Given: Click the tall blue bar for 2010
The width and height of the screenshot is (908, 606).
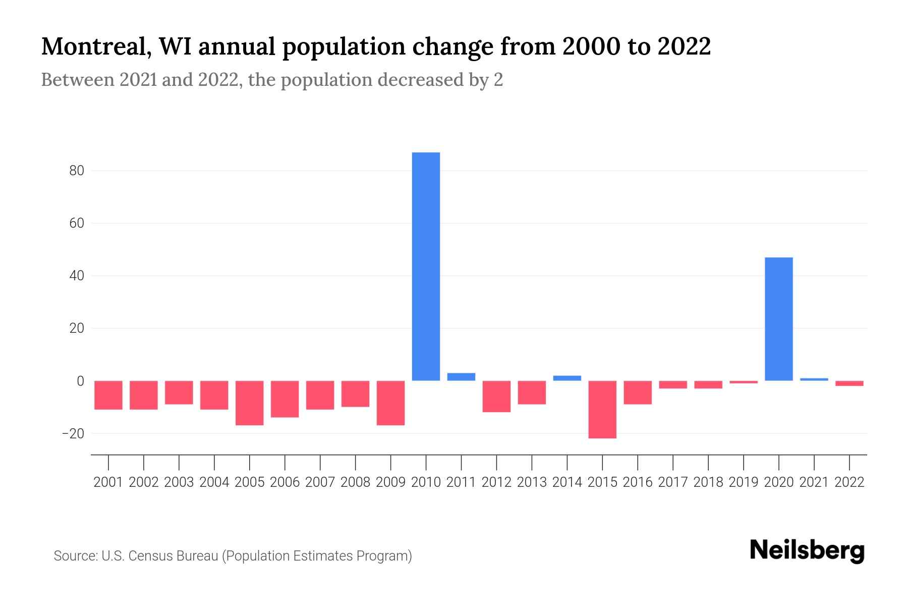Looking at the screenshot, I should pos(426,266).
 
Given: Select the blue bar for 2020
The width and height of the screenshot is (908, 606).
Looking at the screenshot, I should pos(779,319).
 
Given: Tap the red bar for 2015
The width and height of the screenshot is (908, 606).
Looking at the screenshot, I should pos(602,410).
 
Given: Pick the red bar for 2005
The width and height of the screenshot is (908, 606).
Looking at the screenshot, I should pos(250,403).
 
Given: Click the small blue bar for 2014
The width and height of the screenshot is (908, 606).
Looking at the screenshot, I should pos(567,378).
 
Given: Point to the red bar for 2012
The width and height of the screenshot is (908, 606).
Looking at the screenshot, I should pos(496,396).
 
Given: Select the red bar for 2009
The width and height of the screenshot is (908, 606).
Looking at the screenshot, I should pos(390,403).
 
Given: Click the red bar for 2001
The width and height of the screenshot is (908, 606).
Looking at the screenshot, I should pos(108,395).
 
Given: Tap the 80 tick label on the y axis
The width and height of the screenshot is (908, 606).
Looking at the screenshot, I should pos(77,171).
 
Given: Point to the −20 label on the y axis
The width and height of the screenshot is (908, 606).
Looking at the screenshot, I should pos(73,433).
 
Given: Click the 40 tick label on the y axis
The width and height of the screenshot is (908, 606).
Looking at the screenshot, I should pos(77,276).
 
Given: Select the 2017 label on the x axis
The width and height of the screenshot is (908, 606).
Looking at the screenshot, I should pos(673,482).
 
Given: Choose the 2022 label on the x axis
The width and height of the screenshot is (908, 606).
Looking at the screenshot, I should pos(849,482).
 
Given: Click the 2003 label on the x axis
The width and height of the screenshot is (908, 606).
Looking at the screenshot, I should pos(179,482).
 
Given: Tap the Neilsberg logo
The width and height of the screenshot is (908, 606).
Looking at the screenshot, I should pos(807,550).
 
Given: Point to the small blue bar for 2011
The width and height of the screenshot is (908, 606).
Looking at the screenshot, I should pos(461,377).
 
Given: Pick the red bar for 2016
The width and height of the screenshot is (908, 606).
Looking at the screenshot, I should pos(638,392).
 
